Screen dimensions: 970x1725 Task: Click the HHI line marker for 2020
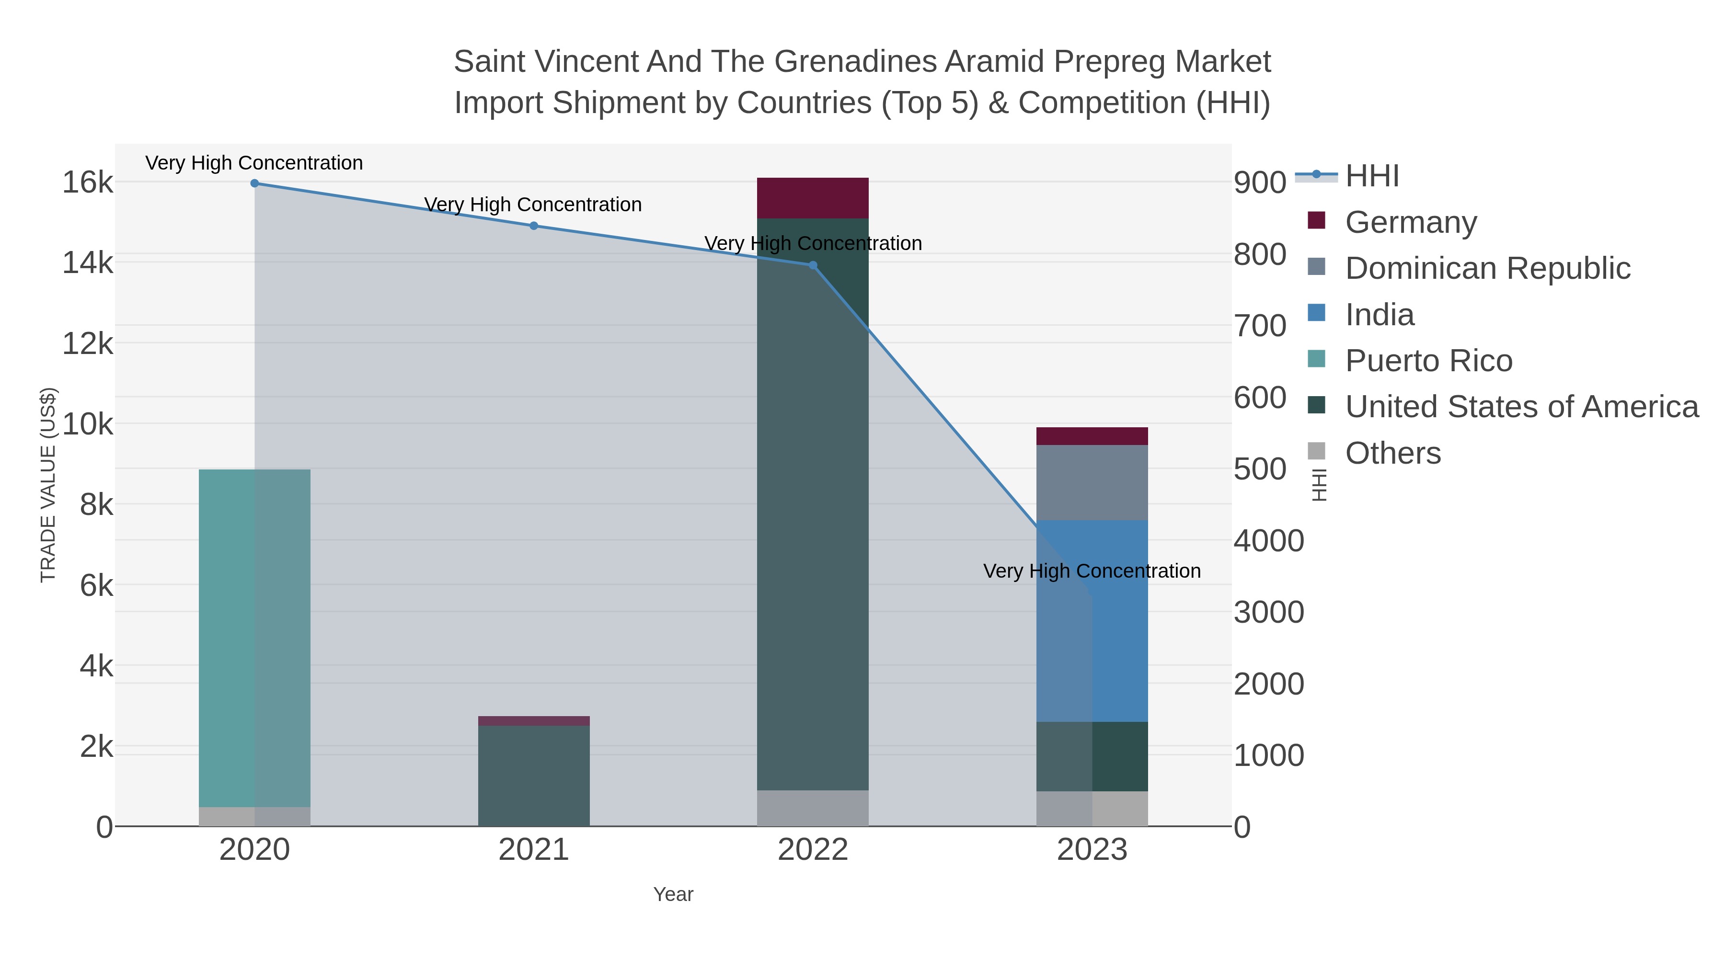[254, 183]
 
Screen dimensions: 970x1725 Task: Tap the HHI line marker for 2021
[534, 226]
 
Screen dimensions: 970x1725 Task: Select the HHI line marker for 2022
[813, 265]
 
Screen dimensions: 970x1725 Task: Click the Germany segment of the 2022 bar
[813, 198]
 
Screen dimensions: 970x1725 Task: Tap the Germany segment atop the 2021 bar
[534, 721]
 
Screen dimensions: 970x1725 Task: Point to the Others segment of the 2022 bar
[813, 808]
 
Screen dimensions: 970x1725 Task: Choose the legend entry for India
[1380, 315]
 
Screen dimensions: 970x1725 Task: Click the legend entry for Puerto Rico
[1428, 361]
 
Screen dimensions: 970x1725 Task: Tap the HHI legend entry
[1371, 176]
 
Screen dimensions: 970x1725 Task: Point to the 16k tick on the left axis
[88, 182]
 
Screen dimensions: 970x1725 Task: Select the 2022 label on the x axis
[813, 850]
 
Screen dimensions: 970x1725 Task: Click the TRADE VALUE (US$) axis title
[48, 485]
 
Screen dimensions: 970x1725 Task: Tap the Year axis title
[673, 894]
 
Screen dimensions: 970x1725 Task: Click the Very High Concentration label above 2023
[1092, 571]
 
